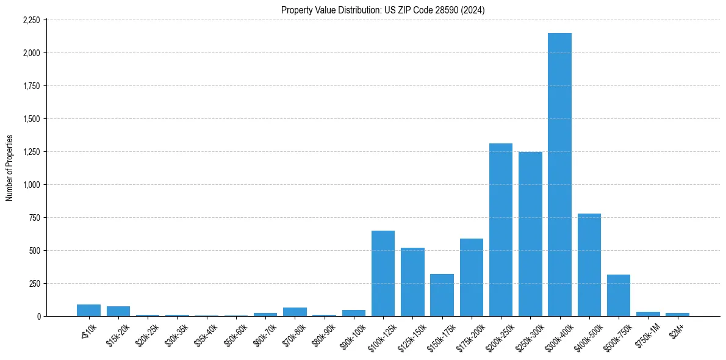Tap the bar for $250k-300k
[530, 234]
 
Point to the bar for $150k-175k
[442, 295]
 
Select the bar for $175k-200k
[471, 278]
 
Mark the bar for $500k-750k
[618, 295]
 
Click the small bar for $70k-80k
[295, 312]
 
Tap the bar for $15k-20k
[118, 311]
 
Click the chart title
[383, 10]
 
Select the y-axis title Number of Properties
[9, 168]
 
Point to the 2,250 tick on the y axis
[31, 20]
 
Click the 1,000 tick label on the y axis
[31, 185]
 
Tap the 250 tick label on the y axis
[34, 284]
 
